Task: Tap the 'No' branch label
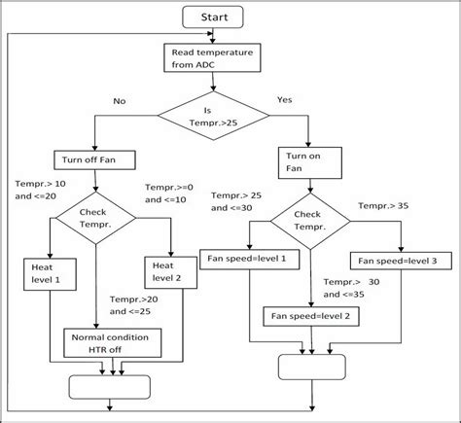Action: pos(120,101)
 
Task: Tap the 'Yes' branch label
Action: pos(285,99)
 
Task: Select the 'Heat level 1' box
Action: pos(47,272)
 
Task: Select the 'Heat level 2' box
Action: pos(169,272)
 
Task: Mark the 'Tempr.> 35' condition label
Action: pos(382,206)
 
